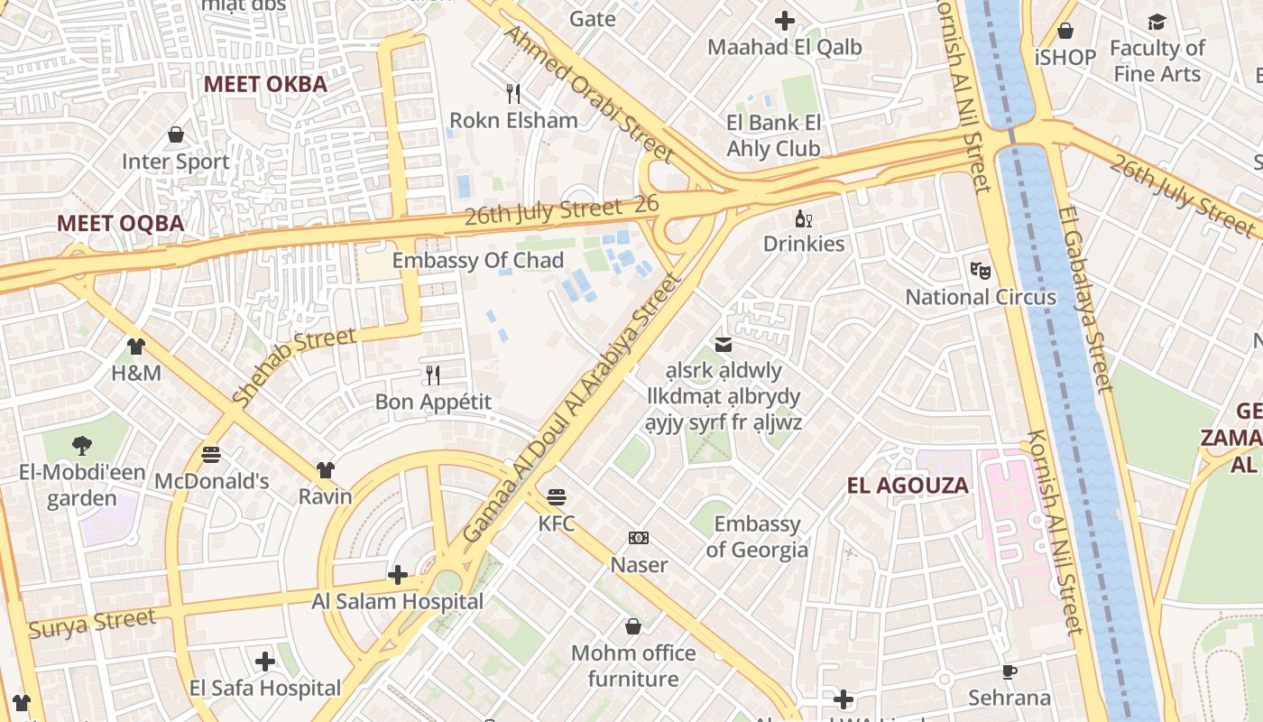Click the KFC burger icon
(557, 496)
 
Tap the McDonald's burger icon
(211, 454)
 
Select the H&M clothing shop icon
(136, 346)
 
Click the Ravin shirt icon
(326, 469)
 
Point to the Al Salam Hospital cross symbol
(397, 574)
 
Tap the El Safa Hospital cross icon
(265, 662)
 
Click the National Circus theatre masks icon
(981, 269)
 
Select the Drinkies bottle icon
(803, 218)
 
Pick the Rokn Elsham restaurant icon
(513, 93)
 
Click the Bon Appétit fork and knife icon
(433, 375)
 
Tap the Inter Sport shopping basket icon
(176, 134)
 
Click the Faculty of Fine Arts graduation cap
(1157, 22)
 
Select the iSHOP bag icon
(1065, 31)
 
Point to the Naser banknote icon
(639, 538)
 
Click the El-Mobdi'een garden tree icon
(82, 445)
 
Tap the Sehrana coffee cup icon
(1009, 671)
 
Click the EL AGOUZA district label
(908, 486)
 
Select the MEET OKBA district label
(265, 84)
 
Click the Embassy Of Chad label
(478, 261)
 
